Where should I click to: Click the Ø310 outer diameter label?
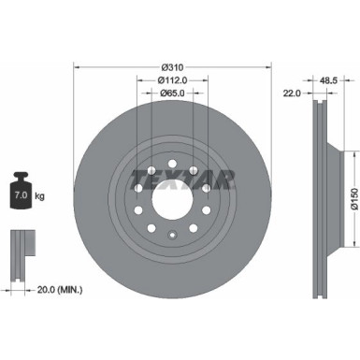click(170, 66)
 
